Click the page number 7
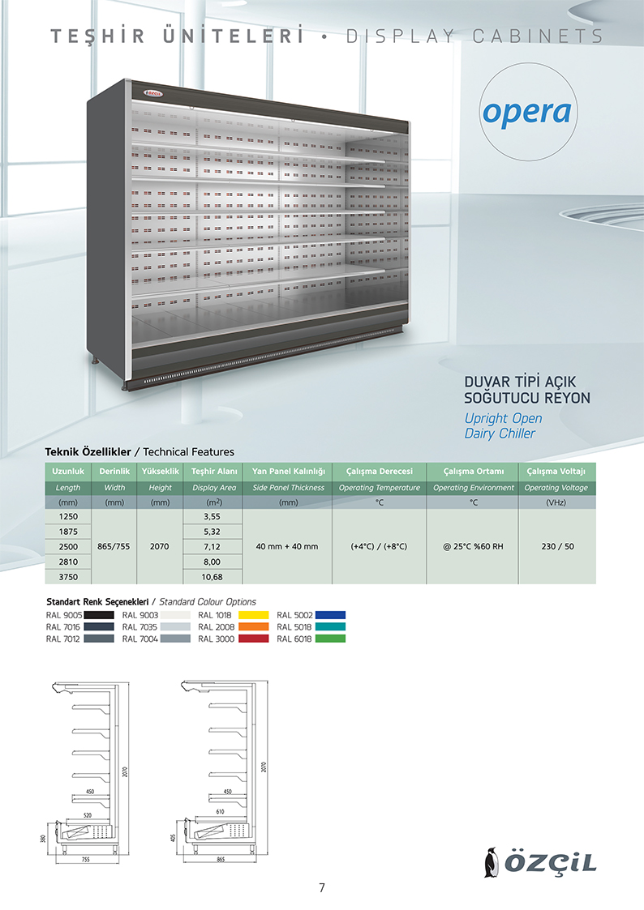tap(322, 887)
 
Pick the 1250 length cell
tap(68, 515)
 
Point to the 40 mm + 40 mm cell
tap(288, 546)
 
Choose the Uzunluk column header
tap(68, 472)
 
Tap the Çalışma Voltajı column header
tap(556, 472)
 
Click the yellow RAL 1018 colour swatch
tap(255, 615)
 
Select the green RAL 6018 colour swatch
tap(330, 639)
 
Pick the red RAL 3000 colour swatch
tap(255, 639)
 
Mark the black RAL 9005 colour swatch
tap(97, 615)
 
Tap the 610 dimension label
tap(220, 811)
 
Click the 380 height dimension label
tap(43, 839)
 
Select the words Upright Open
tap(503, 418)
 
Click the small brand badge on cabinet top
tap(154, 93)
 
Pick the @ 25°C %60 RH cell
tap(474, 546)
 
